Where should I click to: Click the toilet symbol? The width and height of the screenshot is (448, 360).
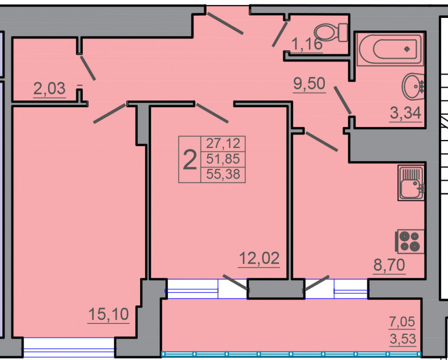tap(330, 32)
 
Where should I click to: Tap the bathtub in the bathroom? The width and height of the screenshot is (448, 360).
tap(390, 49)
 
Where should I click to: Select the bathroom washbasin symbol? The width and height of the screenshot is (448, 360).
tap(413, 87)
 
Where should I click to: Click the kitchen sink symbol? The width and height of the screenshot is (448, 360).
tap(411, 183)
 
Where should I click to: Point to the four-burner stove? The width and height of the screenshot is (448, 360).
tap(410, 241)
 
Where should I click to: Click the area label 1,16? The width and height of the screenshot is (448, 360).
tap(307, 45)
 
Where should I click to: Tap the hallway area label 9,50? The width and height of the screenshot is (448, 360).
tap(309, 84)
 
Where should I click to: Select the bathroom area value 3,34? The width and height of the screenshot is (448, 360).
tap(405, 113)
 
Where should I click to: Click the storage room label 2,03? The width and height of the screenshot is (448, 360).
tap(49, 88)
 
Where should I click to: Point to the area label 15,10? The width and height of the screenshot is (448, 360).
tap(108, 314)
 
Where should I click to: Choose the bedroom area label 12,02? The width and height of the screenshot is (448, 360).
tap(259, 259)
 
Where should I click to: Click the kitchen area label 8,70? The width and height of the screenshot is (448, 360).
tap(389, 265)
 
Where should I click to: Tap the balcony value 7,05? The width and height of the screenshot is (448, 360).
tap(402, 322)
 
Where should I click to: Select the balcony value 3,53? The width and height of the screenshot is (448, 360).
tap(403, 339)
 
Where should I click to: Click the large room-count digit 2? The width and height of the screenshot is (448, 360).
tap(190, 160)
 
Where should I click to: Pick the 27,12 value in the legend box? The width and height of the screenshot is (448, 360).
tap(223, 143)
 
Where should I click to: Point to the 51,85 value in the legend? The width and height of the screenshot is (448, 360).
tap(223, 158)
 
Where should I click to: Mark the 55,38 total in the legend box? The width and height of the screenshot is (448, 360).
tap(223, 174)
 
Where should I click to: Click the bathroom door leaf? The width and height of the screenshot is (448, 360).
tap(343, 100)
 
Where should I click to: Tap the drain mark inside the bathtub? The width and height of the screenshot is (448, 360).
tap(407, 49)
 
